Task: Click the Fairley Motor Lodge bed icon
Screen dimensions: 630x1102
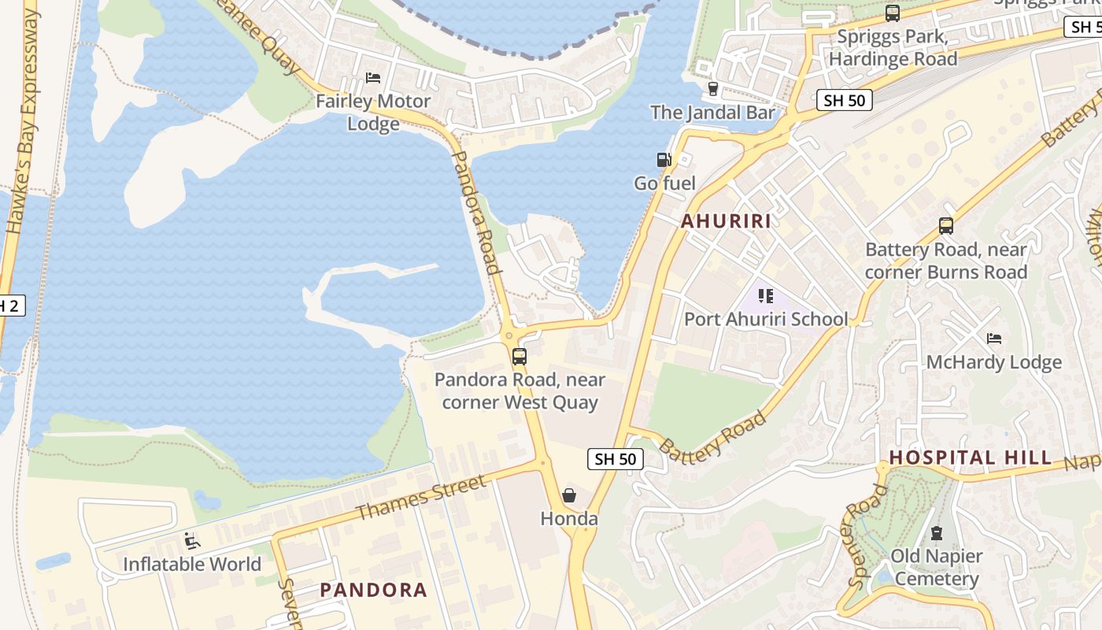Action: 373,78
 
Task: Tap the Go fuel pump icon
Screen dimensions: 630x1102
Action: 664,160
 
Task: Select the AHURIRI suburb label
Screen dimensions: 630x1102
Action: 726,221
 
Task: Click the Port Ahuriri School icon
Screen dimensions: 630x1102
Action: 766,296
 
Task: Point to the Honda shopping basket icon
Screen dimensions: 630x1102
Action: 569,495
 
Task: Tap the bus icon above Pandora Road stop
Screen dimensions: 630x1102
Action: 520,356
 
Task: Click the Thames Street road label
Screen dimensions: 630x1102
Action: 420,498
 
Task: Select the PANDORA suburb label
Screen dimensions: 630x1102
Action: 373,590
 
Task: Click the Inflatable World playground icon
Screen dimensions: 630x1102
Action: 191,540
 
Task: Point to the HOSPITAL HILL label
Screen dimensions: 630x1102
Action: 971,458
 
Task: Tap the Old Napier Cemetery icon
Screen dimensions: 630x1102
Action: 936,533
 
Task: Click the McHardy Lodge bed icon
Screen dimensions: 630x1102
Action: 994,339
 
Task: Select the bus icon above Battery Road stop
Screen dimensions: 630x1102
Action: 946,226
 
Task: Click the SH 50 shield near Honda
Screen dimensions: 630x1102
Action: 615,459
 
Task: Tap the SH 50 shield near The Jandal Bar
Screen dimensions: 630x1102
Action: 845,100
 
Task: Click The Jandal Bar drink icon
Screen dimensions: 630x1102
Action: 713,88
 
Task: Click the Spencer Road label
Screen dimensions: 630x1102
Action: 869,535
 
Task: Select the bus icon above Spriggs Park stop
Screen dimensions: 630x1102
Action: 893,13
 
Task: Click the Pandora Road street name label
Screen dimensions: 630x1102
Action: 476,213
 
